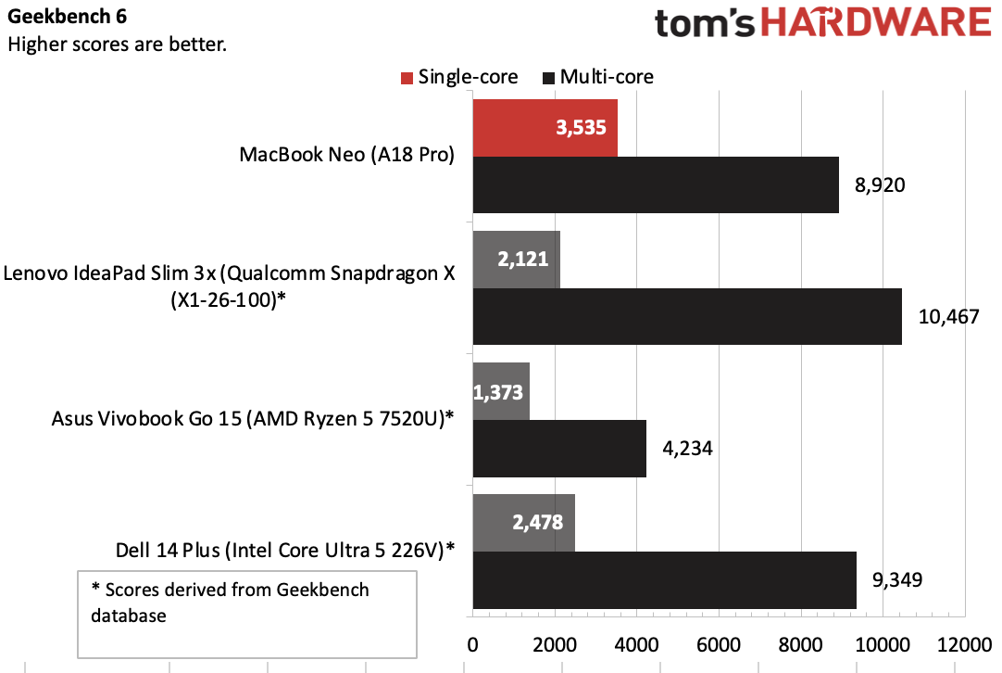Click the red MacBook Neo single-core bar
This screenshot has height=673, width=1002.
pyautogui.click(x=545, y=128)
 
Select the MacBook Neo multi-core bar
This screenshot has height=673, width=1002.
pyautogui.click(x=656, y=184)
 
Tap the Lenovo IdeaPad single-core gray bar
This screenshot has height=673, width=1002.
pyautogui.click(x=516, y=259)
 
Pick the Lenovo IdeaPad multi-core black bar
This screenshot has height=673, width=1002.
pyautogui.click(x=687, y=316)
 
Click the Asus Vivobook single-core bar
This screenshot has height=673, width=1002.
pyautogui.click(x=501, y=390)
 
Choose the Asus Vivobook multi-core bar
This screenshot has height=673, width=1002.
pyautogui.click(x=559, y=449)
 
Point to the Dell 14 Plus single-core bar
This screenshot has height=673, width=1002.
pyautogui.click(x=523, y=522)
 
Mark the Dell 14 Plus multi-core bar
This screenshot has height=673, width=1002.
pyautogui.click(x=664, y=580)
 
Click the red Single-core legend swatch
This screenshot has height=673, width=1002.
pyautogui.click(x=407, y=77)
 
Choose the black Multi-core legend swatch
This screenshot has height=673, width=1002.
pyautogui.click(x=549, y=77)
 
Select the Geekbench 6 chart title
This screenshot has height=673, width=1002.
pyautogui.click(x=68, y=17)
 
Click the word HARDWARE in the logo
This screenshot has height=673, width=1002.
pyautogui.click(x=880, y=22)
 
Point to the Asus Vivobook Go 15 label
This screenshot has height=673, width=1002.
pyautogui.click(x=253, y=418)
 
